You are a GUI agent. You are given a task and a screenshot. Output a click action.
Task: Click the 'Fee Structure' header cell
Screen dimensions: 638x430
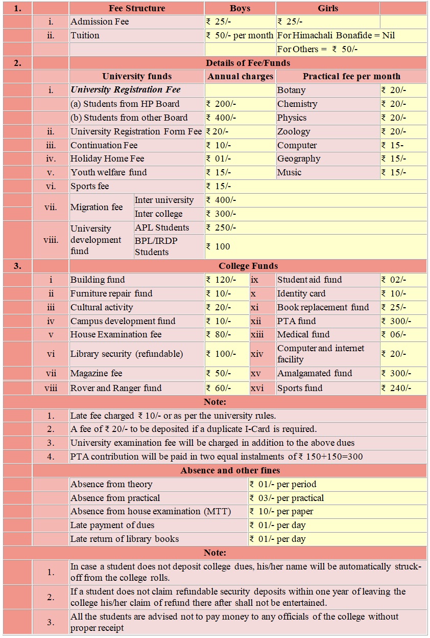point(137,8)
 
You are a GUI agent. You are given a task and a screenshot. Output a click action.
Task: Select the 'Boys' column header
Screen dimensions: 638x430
point(240,8)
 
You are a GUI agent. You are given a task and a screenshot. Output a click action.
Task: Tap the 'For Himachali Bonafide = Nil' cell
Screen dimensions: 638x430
point(336,36)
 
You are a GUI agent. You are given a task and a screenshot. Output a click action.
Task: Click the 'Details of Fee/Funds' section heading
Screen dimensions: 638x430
point(248,63)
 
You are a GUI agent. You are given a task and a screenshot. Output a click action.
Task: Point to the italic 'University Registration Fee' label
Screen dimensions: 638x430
point(126,90)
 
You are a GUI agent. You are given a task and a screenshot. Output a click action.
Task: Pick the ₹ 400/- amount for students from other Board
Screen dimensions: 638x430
point(221,118)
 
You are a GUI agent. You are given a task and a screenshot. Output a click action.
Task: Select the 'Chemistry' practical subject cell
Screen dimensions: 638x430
point(297,104)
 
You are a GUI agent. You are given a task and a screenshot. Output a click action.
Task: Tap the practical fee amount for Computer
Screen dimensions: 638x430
point(394,145)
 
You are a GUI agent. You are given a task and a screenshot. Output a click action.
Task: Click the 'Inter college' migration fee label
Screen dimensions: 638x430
point(158,214)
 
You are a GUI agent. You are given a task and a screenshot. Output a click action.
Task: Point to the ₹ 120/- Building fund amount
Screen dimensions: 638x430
point(221,280)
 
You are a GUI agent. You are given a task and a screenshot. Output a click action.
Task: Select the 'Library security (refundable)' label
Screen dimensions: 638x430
point(127,354)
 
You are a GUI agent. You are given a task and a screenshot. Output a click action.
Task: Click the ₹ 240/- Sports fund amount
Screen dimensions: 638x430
point(396,388)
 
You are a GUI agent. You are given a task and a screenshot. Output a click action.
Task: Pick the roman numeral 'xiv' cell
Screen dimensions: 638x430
point(257,354)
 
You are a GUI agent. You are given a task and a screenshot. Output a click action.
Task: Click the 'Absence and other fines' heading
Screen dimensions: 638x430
point(230,470)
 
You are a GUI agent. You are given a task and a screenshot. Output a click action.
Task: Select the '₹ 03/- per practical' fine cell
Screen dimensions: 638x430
point(286,498)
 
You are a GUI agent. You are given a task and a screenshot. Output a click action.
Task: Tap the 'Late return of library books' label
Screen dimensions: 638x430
point(125,539)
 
